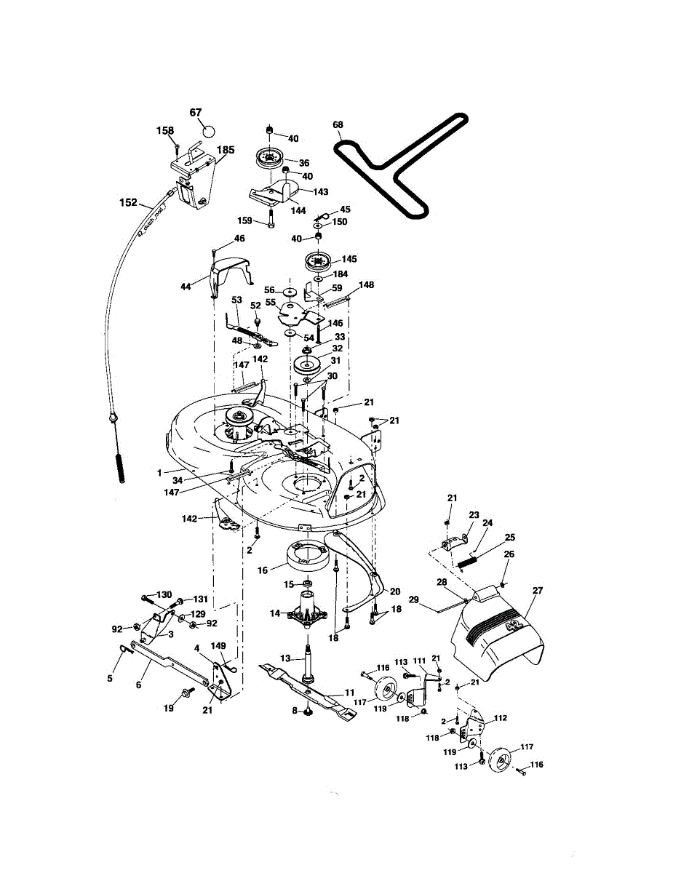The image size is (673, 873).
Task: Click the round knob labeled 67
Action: [208, 130]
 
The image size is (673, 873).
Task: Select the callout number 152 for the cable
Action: [128, 203]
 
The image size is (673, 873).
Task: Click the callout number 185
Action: [226, 151]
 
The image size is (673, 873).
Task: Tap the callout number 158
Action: [165, 131]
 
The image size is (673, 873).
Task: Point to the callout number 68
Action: [338, 124]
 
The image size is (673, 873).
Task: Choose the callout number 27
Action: [538, 591]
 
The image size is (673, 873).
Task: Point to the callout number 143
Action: [320, 192]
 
